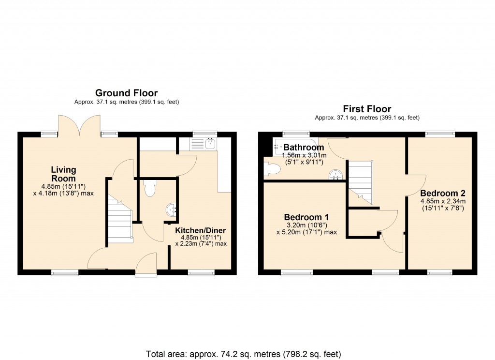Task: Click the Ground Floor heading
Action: pos(126,93)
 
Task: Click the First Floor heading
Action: pos(367,109)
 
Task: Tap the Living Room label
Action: pos(64,174)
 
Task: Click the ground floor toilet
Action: pos(150,188)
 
